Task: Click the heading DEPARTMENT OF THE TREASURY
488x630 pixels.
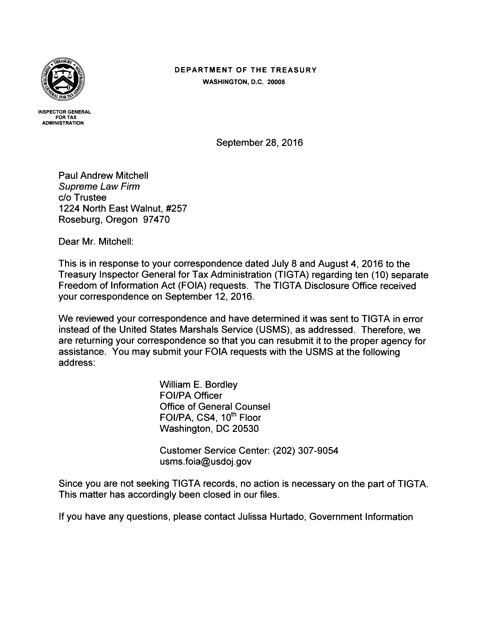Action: click(246, 70)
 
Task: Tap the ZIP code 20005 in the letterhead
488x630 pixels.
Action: click(276, 82)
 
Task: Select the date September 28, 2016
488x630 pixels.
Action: click(260, 143)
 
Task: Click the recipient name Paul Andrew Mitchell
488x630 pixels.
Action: click(103, 175)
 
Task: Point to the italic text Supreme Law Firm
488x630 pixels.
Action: click(99, 187)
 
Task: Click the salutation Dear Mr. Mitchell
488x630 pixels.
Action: click(96, 241)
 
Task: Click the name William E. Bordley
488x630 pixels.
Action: click(198, 385)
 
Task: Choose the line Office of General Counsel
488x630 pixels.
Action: click(215, 407)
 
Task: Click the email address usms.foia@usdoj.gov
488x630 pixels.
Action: click(205, 462)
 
